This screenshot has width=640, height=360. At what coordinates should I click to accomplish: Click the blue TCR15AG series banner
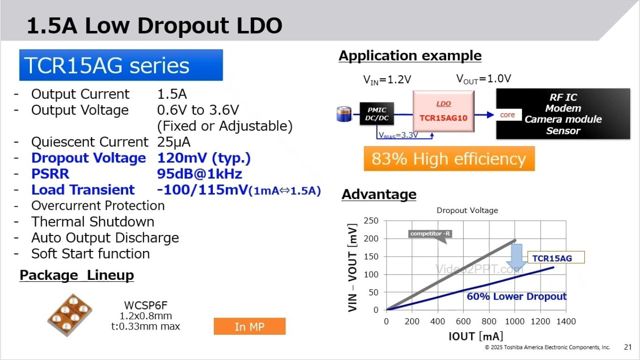point(121,65)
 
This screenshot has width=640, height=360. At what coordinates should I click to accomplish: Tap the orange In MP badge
point(249,326)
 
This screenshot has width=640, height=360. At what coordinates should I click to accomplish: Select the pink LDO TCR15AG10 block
point(443,111)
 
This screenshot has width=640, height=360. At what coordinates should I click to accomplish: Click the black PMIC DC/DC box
point(376,114)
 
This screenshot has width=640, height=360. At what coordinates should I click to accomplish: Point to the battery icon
point(344,114)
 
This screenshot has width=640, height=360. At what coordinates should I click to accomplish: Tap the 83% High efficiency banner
point(449,159)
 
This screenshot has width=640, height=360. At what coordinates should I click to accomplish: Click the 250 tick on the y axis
point(371,221)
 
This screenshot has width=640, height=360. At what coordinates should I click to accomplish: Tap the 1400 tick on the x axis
point(566,322)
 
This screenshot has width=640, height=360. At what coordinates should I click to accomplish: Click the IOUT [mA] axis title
point(475,336)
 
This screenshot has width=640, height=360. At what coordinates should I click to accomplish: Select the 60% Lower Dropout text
point(516,296)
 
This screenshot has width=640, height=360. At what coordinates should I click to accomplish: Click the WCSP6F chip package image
point(70,315)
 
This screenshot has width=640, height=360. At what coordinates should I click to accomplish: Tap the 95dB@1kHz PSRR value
point(200,174)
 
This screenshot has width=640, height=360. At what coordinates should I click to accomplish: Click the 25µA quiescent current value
point(174,142)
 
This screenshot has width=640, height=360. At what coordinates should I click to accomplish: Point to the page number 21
point(628,347)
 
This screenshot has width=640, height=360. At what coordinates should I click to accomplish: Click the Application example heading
point(410,56)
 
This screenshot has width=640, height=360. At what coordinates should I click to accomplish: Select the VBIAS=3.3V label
point(399,135)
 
